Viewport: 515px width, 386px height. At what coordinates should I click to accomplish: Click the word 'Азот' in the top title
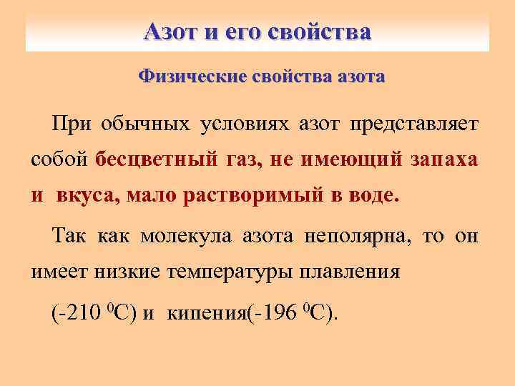click(x=170, y=32)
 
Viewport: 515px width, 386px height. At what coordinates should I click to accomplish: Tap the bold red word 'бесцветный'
click(x=152, y=159)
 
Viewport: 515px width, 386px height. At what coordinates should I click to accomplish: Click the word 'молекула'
click(x=186, y=237)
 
